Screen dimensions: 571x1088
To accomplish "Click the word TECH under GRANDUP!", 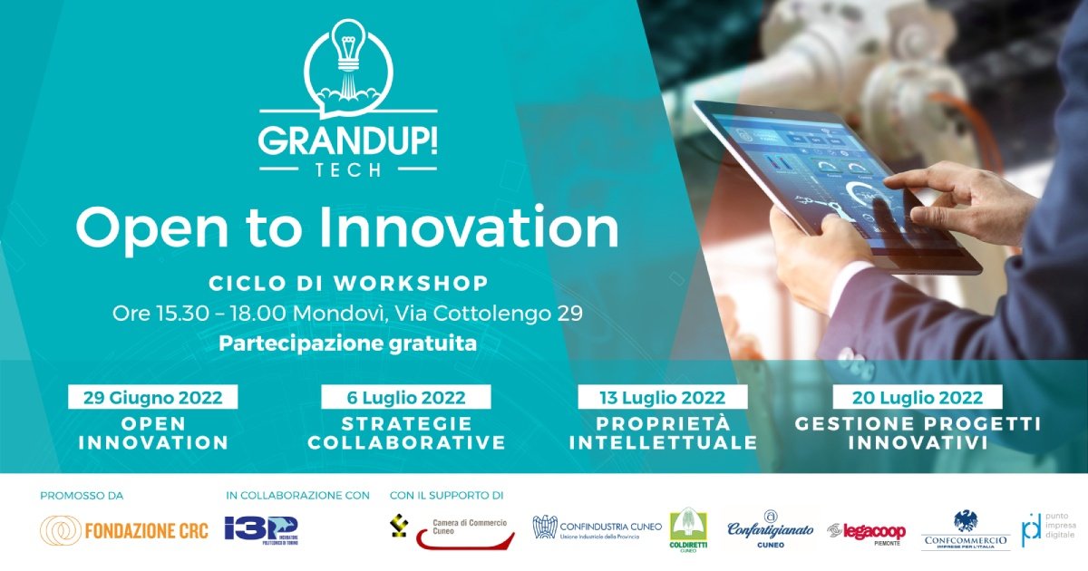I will coord(348,170).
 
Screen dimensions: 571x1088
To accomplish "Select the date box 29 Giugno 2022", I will coord(151,397).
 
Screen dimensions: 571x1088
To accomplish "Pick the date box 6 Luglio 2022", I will coord(405,397).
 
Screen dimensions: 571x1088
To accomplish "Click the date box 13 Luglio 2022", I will coord(663,397).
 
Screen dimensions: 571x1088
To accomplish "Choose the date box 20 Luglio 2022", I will coord(918,397).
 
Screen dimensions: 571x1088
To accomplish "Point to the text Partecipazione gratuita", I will coord(347,344).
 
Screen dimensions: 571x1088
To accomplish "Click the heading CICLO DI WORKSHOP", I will coord(348,283).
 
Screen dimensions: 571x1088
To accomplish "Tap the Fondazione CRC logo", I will coord(124,530).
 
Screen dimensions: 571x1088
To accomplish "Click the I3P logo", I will coord(260,530).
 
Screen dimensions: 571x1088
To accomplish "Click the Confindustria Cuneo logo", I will coord(597,528).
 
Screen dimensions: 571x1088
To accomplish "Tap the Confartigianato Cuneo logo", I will coord(771,531).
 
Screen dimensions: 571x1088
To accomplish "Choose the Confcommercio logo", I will coord(965,530).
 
